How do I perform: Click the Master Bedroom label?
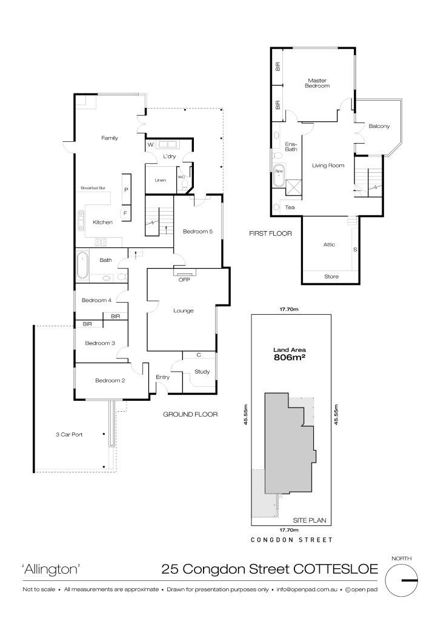tap(317, 83)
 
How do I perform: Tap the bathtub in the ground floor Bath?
tap(83, 265)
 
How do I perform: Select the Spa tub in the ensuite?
tap(279, 175)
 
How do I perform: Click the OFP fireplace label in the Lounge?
tap(184, 280)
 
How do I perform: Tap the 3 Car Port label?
tap(69, 434)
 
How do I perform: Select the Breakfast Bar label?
tap(93, 188)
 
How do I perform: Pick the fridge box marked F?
tap(126, 213)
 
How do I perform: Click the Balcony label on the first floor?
tap(379, 126)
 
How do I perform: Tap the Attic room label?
tap(329, 245)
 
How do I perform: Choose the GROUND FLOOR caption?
tap(190, 414)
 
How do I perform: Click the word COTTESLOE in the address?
tap(336, 569)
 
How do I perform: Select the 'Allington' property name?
tap(51, 569)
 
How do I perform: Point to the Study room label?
tap(202, 372)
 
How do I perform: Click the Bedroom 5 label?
tap(198, 231)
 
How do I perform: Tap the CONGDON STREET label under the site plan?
tap(291, 539)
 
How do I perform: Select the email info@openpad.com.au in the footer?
tap(307, 589)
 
